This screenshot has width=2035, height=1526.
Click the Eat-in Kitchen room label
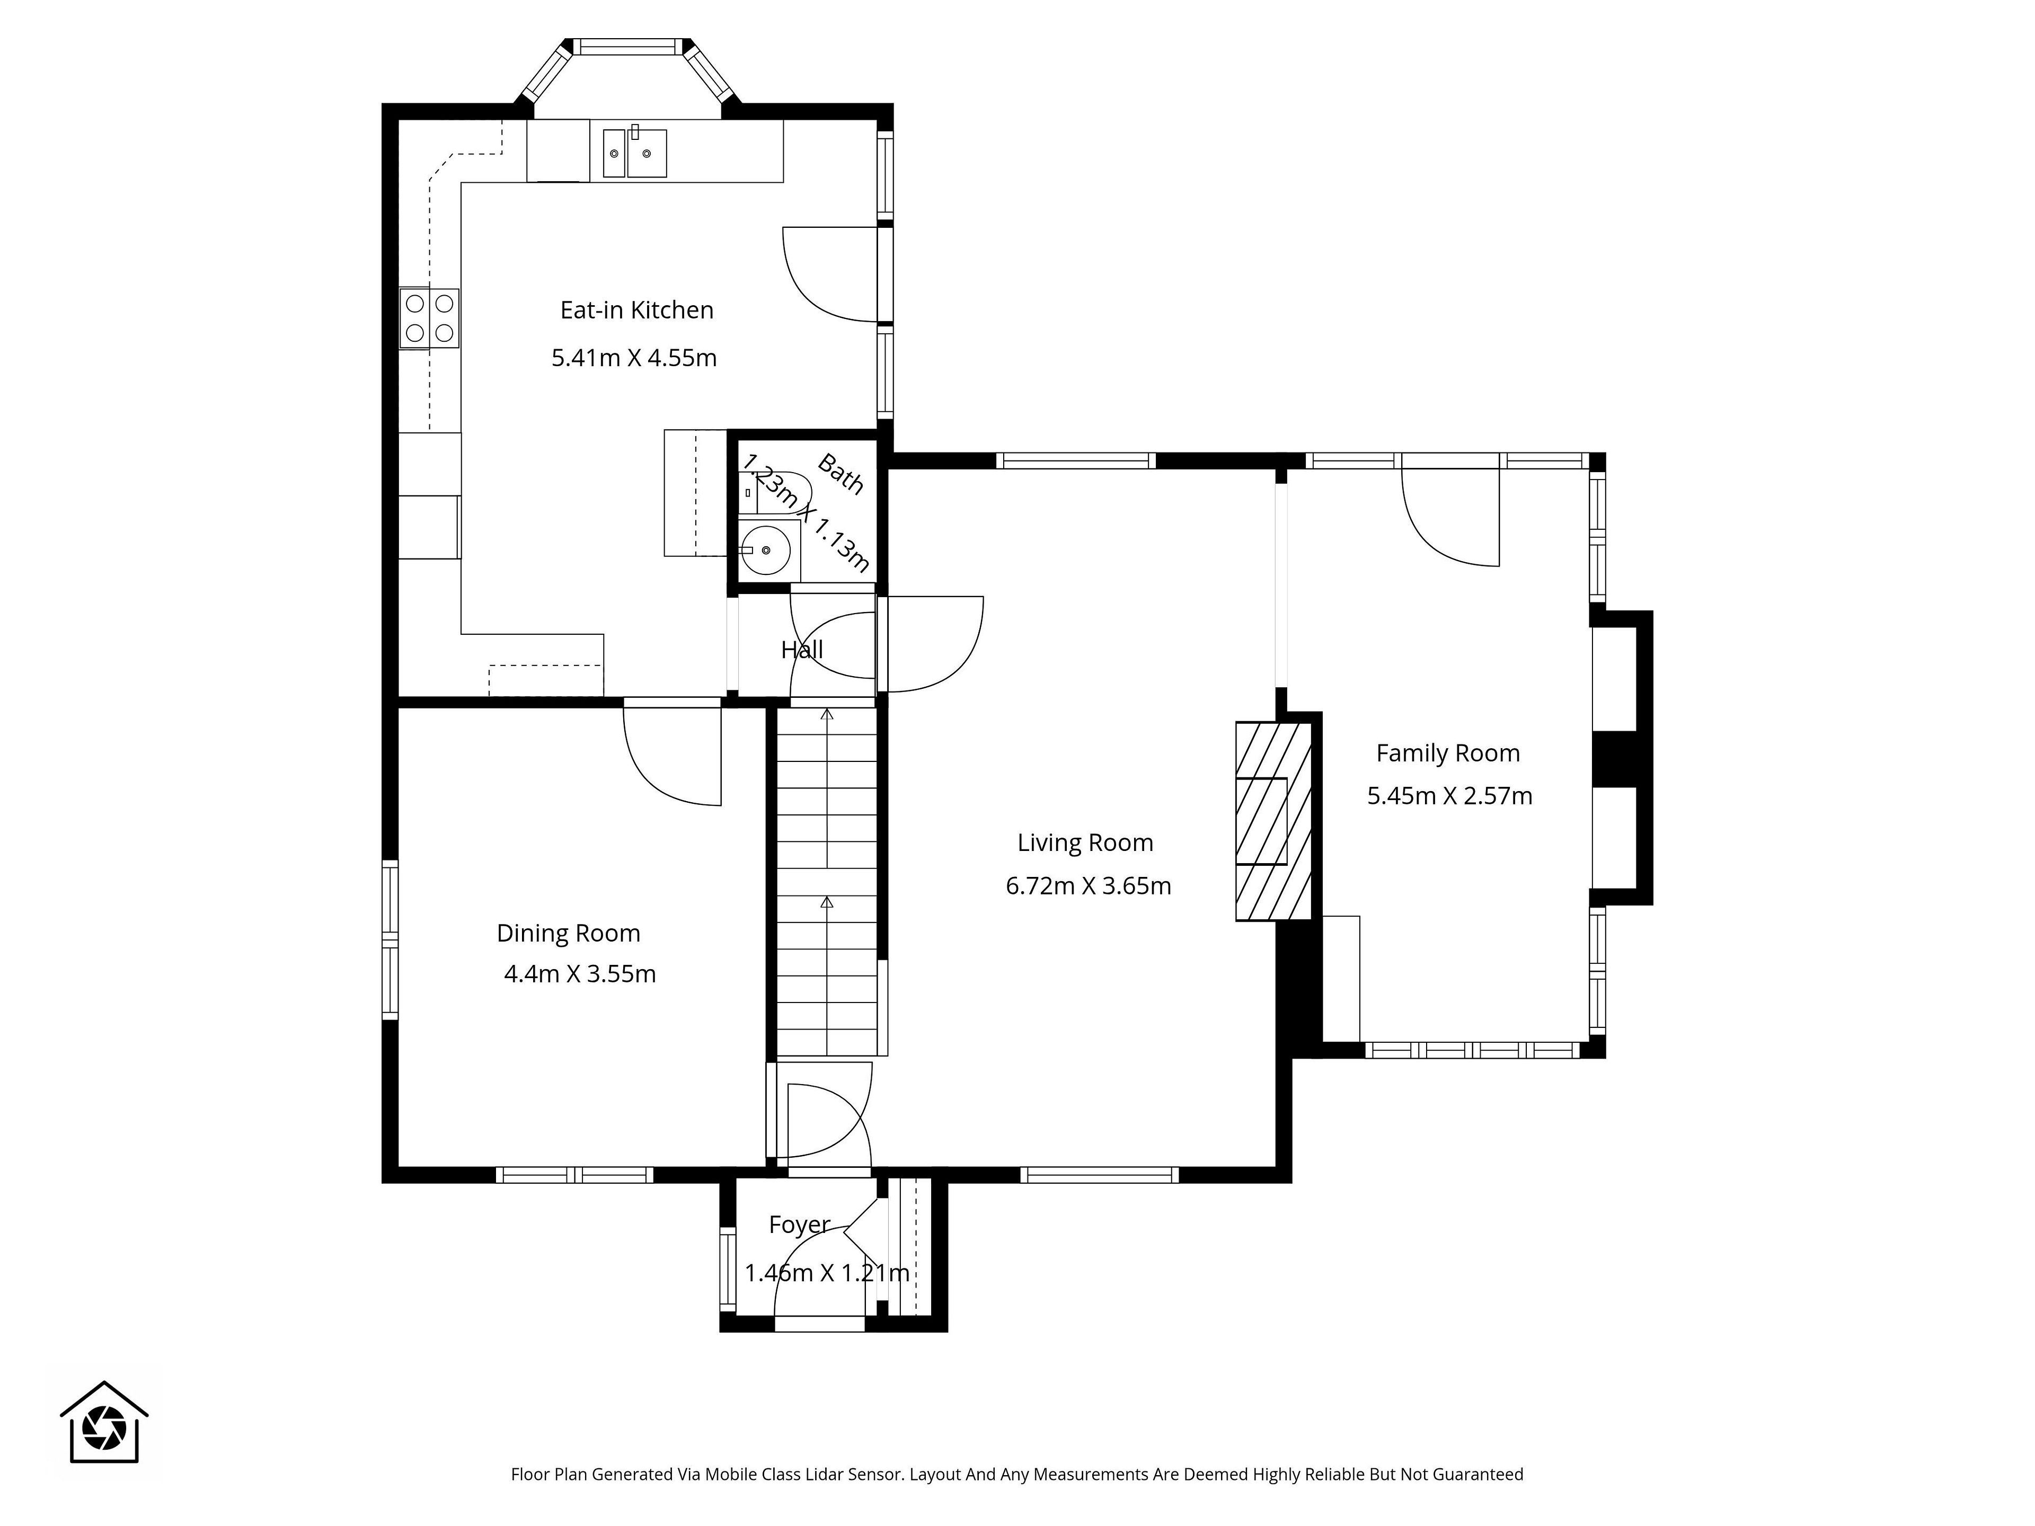pyautogui.click(x=636, y=310)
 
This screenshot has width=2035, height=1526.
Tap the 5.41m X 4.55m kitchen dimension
pyautogui.click(x=634, y=358)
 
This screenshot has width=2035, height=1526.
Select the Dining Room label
pyautogui.click(x=569, y=934)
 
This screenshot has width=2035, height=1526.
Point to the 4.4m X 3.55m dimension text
pyautogui.click(x=580, y=974)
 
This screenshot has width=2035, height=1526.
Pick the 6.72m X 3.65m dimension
pyautogui.click(x=1089, y=886)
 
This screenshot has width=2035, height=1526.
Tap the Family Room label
pyautogui.click(x=1448, y=753)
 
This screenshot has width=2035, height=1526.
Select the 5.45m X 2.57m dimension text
pyautogui.click(x=1450, y=796)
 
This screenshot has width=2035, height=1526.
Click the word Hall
pyautogui.click(x=802, y=650)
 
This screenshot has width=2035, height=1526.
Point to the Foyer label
pyautogui.click(x=800, y=1225)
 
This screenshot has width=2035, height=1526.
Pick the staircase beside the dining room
pyautogui.click(x=827, y=881)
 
